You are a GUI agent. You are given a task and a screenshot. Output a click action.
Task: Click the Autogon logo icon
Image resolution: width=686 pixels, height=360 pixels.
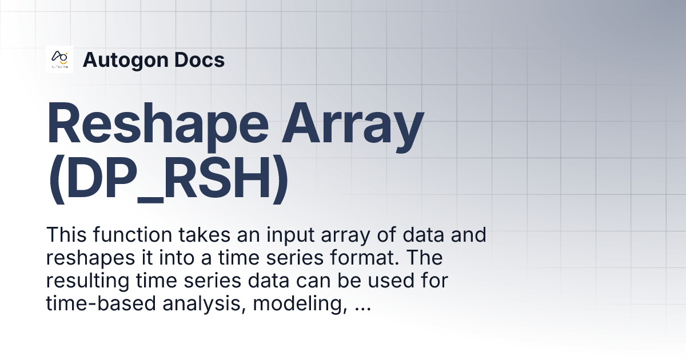pos(59,59)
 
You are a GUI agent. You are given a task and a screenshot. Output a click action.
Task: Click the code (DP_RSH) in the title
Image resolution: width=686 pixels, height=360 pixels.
pos(167,182)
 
